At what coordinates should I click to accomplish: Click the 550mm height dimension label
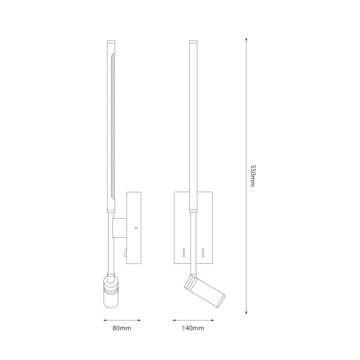pos(252,176)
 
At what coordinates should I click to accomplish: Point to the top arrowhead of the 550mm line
pos(246,41)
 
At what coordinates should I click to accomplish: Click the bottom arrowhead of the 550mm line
pos(246,312)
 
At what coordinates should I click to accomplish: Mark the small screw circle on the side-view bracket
pos(136,227)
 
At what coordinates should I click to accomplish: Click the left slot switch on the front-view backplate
pos(183,253)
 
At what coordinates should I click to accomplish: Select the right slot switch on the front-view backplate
pos(203,253)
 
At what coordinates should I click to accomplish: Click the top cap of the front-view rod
pos(193,42)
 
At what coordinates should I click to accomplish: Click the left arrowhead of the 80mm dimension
pos(103,319)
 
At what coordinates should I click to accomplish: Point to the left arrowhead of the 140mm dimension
pos(170,319)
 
